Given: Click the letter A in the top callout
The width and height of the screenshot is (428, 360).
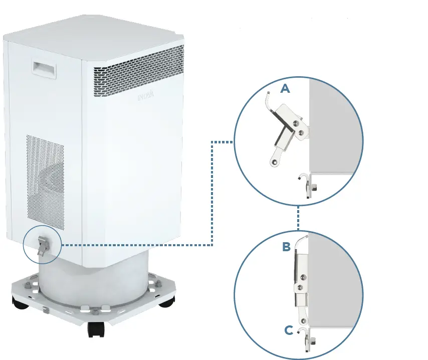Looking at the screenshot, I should coord(285,89).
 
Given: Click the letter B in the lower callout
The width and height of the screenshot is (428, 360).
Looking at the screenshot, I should coord(286,247).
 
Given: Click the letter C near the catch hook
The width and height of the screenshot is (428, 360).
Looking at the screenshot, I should coord(288,330).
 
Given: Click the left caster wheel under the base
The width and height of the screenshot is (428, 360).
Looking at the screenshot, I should coord(21,302).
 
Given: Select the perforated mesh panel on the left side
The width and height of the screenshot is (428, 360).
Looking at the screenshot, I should coord(45,178).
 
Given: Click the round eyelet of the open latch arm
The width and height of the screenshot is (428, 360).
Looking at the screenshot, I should coord(274,161).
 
